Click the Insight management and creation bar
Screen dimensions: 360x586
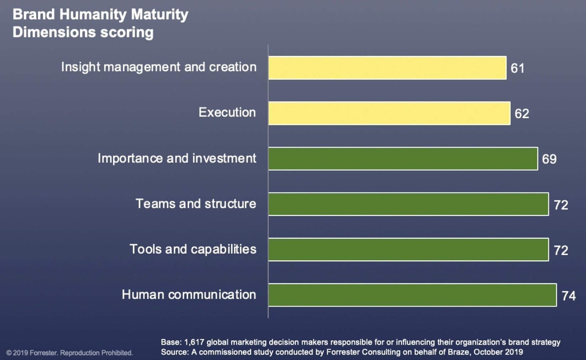tap(387, 68)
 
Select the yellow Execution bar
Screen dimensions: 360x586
tap(389, 113)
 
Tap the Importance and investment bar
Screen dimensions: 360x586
tap(403, 159)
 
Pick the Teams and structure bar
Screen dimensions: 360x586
tap(408, 204)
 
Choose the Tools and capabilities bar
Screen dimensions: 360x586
tap(408, 249)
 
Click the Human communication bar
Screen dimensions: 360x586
tap(412, 295)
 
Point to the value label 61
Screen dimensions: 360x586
tap(517, 68)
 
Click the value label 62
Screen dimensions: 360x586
tap(522, 113)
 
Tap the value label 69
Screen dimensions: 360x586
tap(549, 159)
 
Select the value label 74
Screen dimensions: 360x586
tap(569, 296)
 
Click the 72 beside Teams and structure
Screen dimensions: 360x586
tap(561, 205)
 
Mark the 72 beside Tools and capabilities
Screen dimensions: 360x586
tap(561, 250)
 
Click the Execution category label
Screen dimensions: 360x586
tap(227, 112)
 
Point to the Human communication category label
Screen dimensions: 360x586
tap(189, 295)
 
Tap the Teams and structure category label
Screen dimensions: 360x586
tap(196, 203)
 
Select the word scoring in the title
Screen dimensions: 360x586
tap(127, 32)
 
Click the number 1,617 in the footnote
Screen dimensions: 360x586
tap(194, 342)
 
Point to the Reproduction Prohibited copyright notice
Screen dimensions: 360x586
tap(96, 353)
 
